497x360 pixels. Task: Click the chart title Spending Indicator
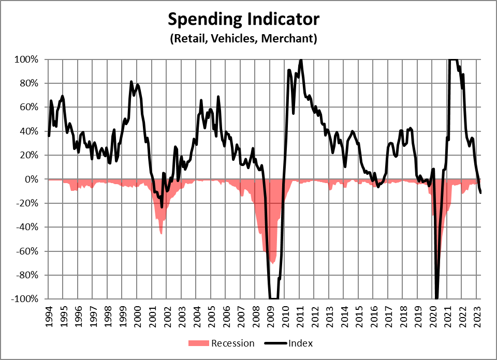(x=243, y=20)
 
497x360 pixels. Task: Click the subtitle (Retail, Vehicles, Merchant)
(x=243, y=38)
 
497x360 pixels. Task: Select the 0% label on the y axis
(x=32, y=179)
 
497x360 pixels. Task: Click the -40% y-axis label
(x=27, y=228)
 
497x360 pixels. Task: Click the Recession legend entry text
(x=233, y=343)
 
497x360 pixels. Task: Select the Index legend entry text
(x=301, y=343)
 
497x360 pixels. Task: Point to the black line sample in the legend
(x=275, y=343)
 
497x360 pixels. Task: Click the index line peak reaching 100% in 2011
(x=301, y=59)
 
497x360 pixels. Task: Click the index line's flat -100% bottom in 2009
(x=273, y=298)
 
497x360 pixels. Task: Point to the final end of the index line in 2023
(x=481, y=193)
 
